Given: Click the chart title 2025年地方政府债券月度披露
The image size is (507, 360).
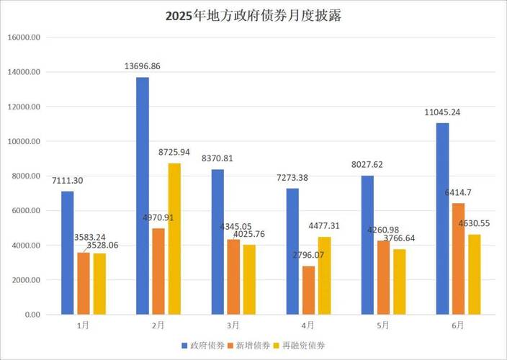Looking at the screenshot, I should [x=253, y=16].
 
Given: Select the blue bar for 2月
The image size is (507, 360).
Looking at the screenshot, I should [x=143, y=196].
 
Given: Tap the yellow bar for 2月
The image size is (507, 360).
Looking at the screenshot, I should [x=174, y=239].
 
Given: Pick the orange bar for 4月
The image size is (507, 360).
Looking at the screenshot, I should [x=308, y=290].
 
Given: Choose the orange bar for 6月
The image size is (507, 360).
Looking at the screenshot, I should [x=458, y=258].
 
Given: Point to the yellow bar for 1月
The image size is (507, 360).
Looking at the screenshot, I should [x=99, y=284].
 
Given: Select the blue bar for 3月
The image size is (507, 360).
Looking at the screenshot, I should [x=217, y=242].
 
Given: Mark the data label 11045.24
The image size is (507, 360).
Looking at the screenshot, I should [x=442, y=112].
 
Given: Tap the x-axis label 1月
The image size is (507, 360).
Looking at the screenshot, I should [x=83, y=325].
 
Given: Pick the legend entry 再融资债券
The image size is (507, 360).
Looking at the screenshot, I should [x=300, y=346].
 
